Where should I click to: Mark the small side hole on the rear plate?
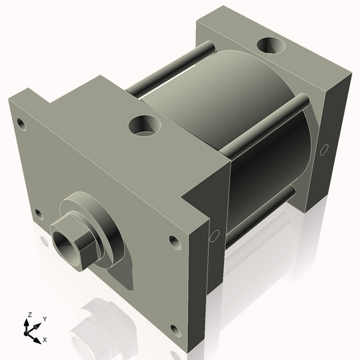point(324,150)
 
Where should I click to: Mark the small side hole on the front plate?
point(214,235)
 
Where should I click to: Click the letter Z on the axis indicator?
point(29,315)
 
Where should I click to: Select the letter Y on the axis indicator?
point(44,317)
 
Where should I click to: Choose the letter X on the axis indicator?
point(45,338)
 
